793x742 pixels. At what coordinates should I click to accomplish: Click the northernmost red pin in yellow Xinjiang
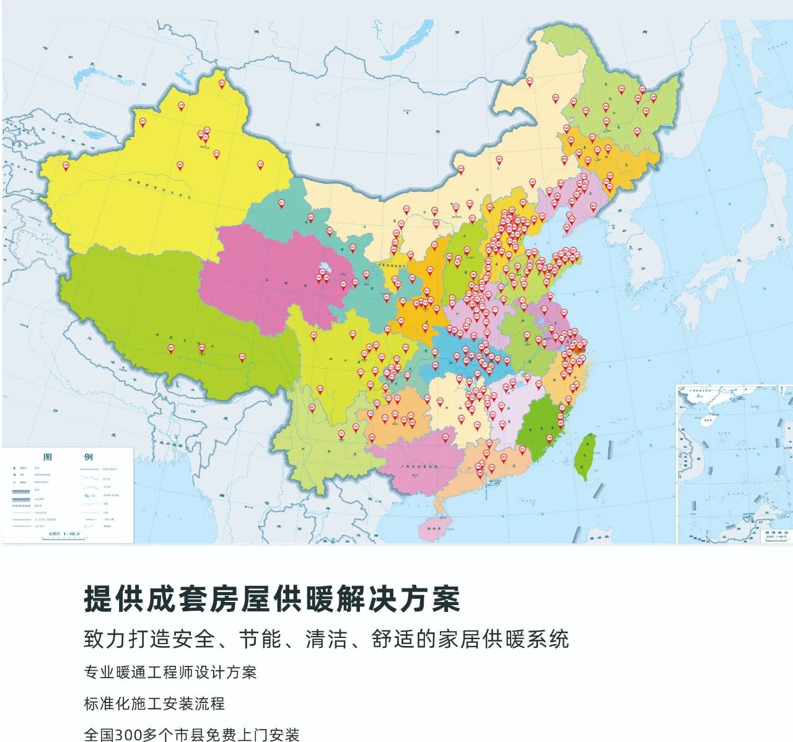click(222, 84)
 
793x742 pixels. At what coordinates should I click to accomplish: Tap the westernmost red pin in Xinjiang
click(66, 166)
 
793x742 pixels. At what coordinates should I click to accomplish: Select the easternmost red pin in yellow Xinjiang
click(260, 165)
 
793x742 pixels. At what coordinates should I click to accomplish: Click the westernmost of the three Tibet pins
click(171, 349)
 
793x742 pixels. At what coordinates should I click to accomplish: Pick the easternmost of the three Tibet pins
click(242, 357)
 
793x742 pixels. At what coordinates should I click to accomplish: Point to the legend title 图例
click(68, 457)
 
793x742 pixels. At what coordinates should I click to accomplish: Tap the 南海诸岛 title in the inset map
click(778, 532)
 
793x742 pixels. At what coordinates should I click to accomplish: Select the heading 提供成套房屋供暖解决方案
click(272, 598)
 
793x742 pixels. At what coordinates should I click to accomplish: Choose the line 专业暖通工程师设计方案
click(170, 672)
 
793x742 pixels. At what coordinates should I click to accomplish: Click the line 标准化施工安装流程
click(154, 704)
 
